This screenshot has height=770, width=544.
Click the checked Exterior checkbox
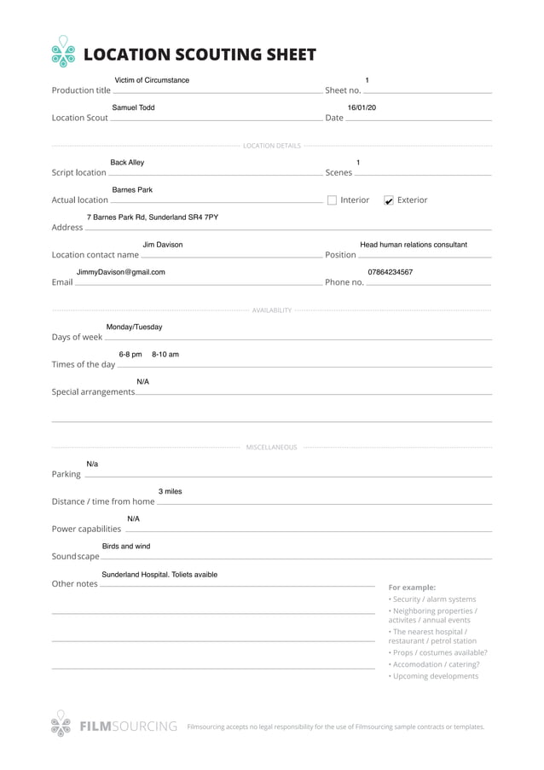pyautogui.click(x=389, y=200)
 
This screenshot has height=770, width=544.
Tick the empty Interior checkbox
pyautogui.click(x=332, y=200)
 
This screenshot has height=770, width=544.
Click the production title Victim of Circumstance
pyautogui.click(x=152, y=80)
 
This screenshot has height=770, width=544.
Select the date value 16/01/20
pyautogui.click(x=362, y=108)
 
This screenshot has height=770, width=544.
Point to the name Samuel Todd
pyautogui.click(x=133, y=108)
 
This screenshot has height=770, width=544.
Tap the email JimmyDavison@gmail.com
pyautogui.click(x=120, y=272)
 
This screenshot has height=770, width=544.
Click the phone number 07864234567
pyautogui.click(x=391, y=272)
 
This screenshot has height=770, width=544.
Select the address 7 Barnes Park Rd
pyautogui.click(x=152, y=217)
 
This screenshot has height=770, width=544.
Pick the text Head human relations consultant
pyautogui.click(x=414, y=245)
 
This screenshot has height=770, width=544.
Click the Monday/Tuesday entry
pyautogui.click(x=134, y=327)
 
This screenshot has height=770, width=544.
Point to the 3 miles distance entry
pyautogui.click(x=170, y=491)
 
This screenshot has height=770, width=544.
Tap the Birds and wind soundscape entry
pyautogui.click(x=126, y=546)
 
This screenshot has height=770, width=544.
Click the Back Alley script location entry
pyautogui.click(x=127, y=162)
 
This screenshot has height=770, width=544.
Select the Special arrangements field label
pyautogui.click(x=93, y=392)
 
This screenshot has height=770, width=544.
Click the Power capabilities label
pyautogui.click(x=86, y=529)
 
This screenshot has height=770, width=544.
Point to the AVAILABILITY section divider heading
pyautogui.click(x=271, y=310)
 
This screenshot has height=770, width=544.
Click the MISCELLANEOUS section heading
pyautogui.click(x=271, y=447)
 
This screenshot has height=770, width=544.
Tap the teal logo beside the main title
pyautogui.click(x=63, y=52)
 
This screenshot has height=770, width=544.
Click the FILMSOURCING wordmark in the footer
pyautogui.click(x=128, y=727)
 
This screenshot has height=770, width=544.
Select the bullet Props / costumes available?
pyautogui.click(x=438, y=652)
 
